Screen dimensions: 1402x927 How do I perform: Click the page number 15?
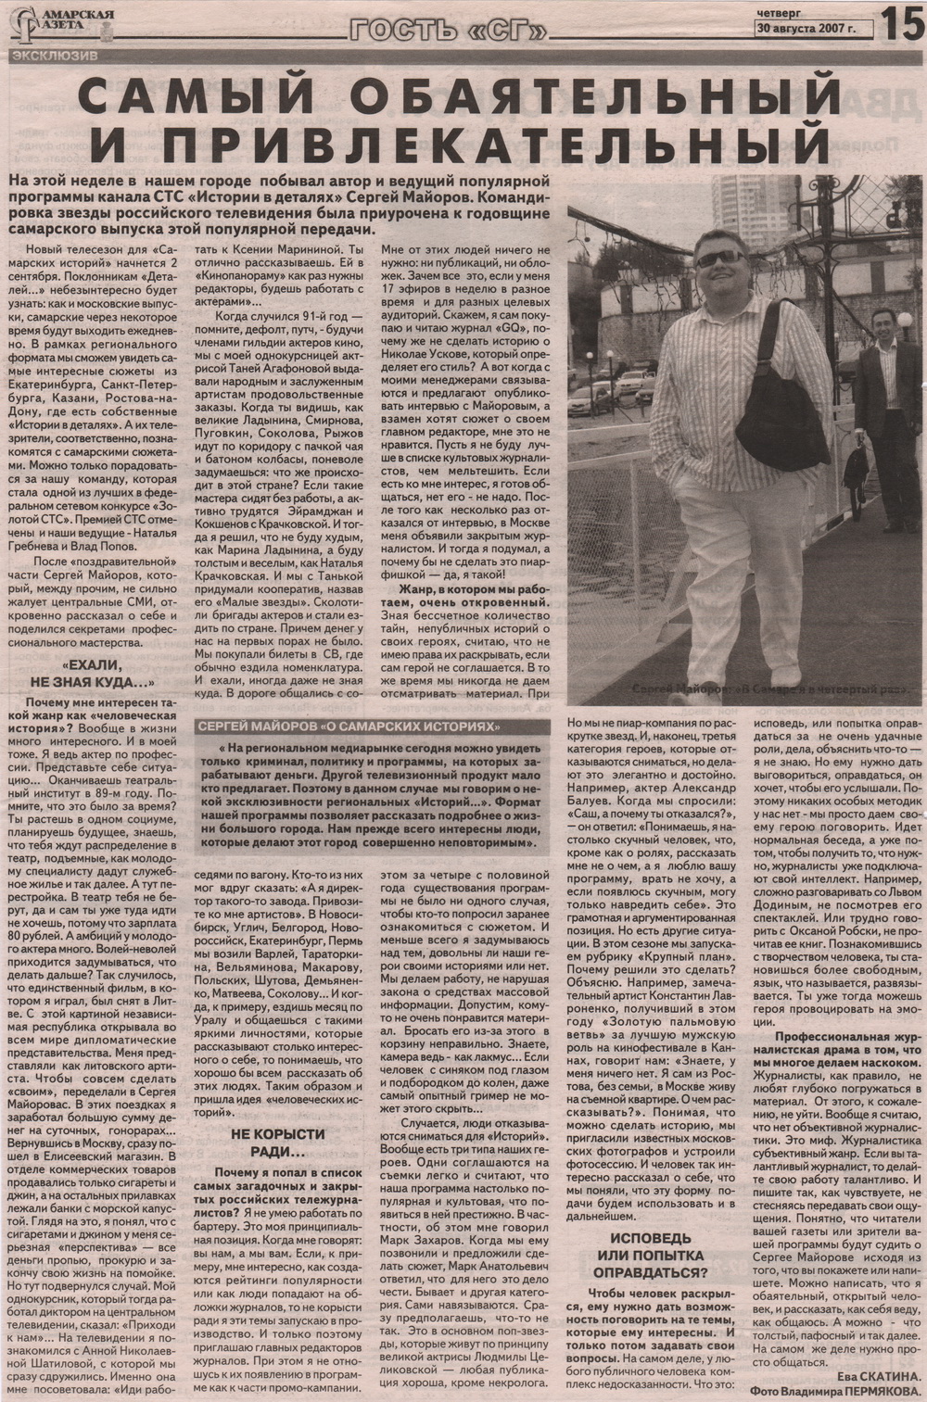pos(903,22)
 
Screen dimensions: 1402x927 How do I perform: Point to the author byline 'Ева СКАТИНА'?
pos(878,1378)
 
